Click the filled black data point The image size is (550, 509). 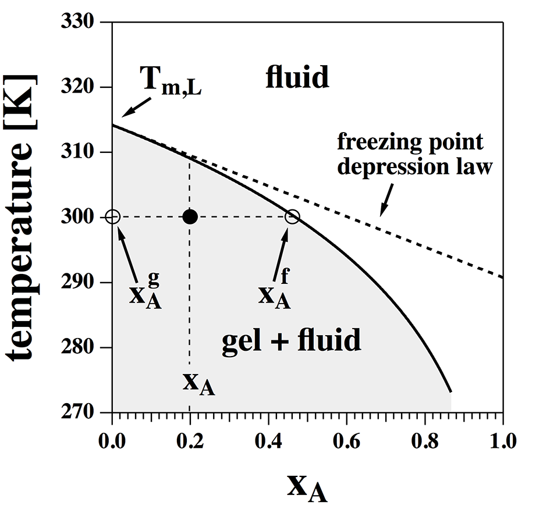click(190, 217)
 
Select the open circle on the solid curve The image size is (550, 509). click(292, 217)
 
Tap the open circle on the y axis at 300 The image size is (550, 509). click(113, 217)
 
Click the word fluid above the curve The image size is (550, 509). click(297, 77)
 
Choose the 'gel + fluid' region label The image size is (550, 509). click(292, 341)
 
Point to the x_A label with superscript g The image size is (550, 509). click(146, 293)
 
